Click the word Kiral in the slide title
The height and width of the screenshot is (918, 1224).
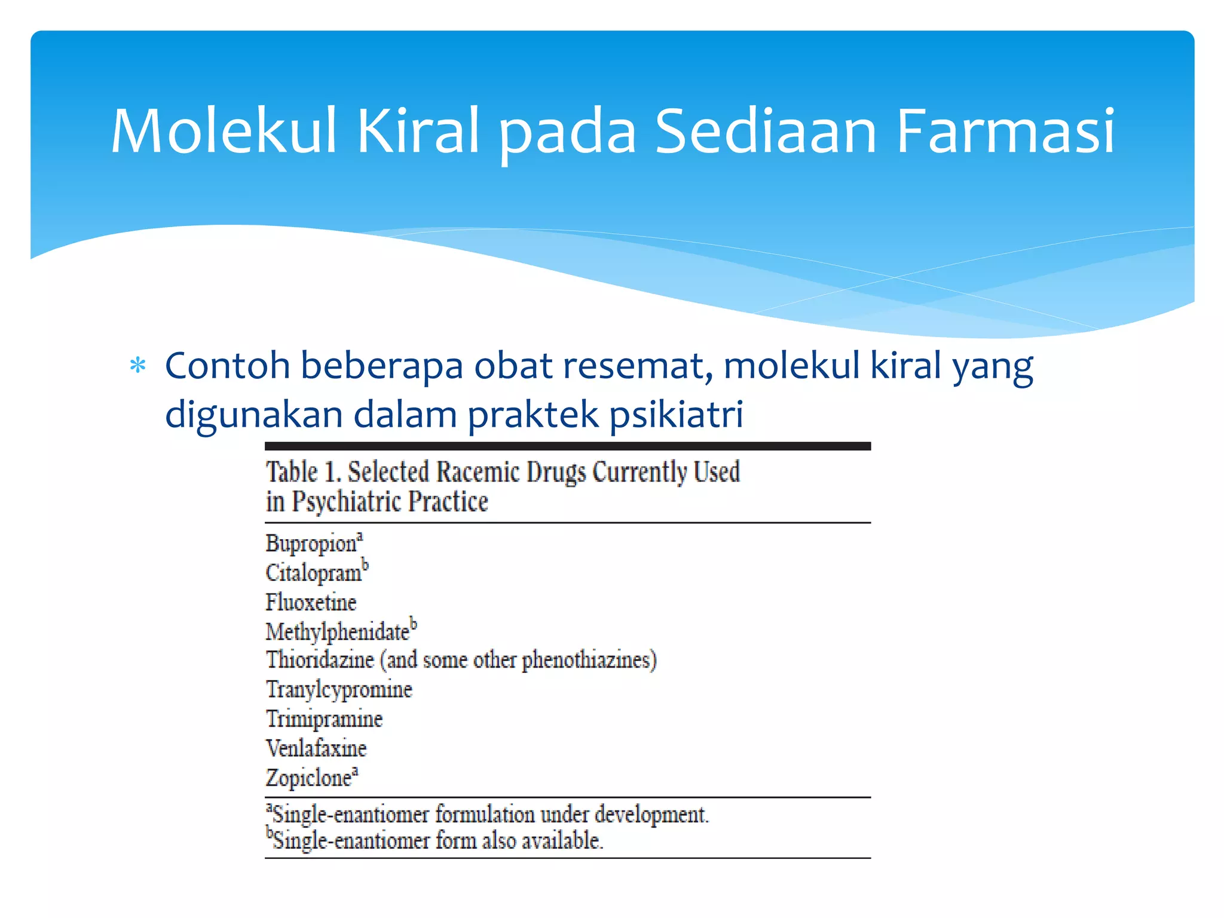418,131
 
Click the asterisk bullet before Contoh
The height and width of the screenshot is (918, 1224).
138,365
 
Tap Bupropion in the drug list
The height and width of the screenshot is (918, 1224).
311,544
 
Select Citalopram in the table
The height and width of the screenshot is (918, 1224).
314,573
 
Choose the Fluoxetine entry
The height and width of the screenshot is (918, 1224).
311,602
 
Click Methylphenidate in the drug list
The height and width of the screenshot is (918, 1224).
338,631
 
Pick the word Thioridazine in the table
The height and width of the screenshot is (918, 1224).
320,660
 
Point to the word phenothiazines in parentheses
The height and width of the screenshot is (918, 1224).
586,660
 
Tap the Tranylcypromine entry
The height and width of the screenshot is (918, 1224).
339,690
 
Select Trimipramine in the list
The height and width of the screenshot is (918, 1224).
324,719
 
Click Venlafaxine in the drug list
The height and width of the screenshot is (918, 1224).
316,748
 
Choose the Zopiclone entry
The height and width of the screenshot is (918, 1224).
308,778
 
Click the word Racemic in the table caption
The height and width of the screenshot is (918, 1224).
478,472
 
